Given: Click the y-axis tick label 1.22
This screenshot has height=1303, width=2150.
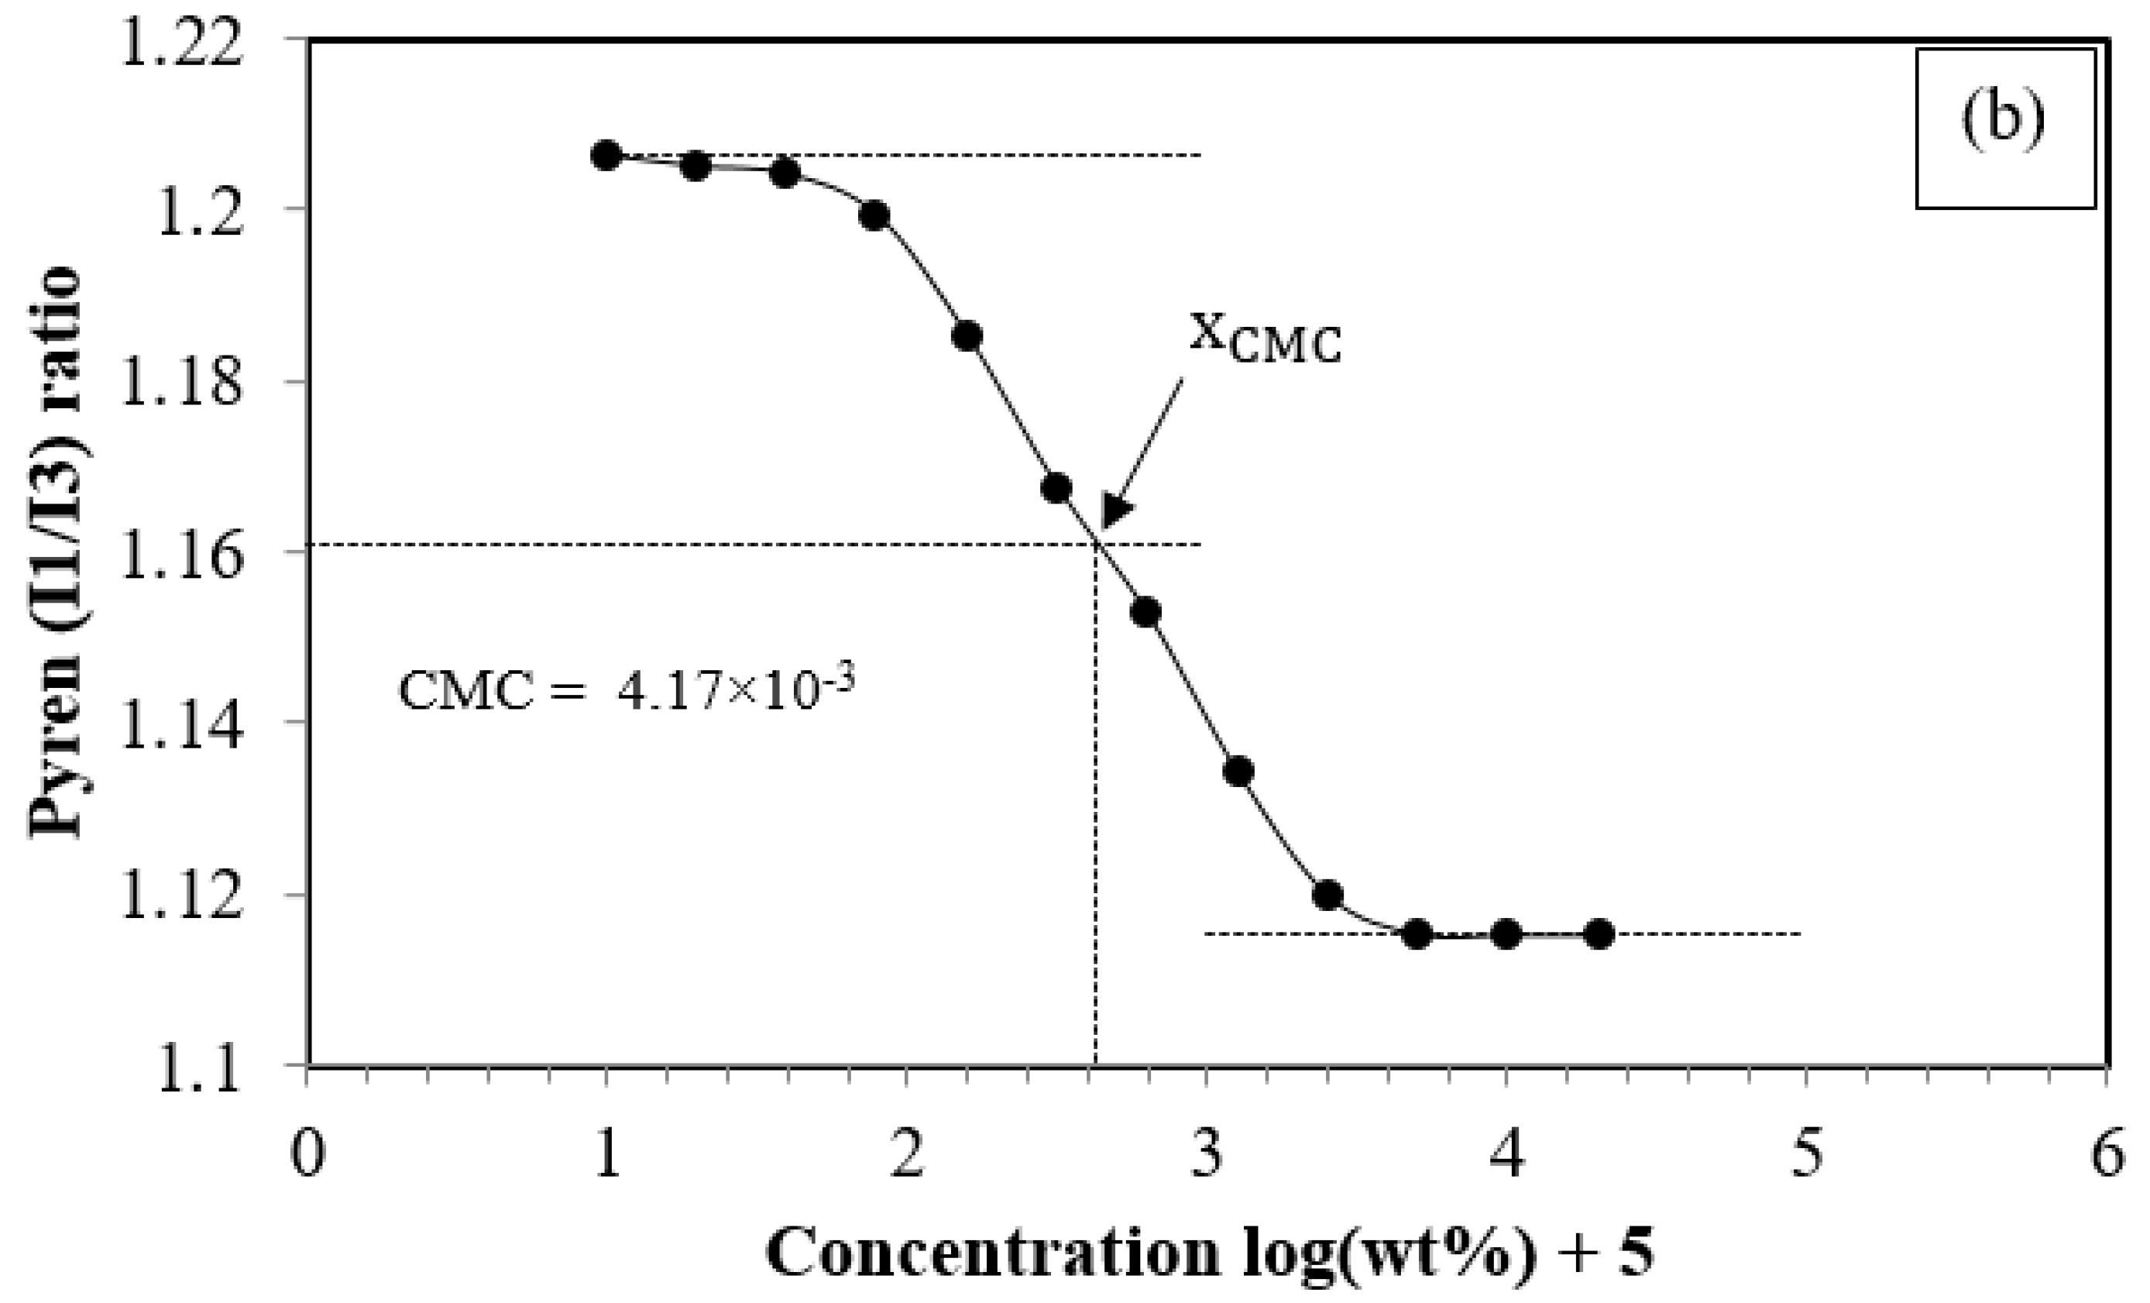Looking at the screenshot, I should (180, 40).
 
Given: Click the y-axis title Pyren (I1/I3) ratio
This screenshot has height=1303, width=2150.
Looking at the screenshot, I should (57, 552).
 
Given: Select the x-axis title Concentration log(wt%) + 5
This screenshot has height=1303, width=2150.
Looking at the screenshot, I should (1210, 1255).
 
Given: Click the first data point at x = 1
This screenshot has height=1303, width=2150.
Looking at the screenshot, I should (606, 156).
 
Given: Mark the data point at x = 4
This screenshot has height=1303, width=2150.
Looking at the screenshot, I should (1507, 933).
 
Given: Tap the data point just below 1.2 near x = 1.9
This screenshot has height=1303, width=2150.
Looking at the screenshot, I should (874, 215).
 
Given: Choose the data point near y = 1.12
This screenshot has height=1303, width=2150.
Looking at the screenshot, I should (1327, 896).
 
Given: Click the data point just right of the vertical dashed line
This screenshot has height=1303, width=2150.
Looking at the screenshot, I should (1145, 613).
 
